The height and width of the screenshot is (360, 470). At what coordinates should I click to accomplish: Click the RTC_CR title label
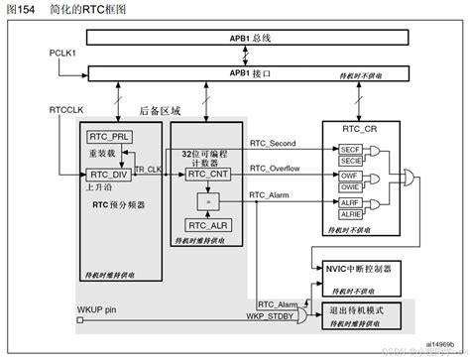(x=360, y=129)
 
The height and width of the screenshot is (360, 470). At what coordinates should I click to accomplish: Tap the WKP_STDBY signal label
(x=274, y=316)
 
